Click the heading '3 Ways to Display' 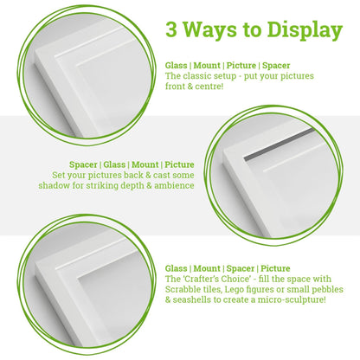(x=254, y=30)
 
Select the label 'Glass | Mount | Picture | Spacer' (x=228, y=65)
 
